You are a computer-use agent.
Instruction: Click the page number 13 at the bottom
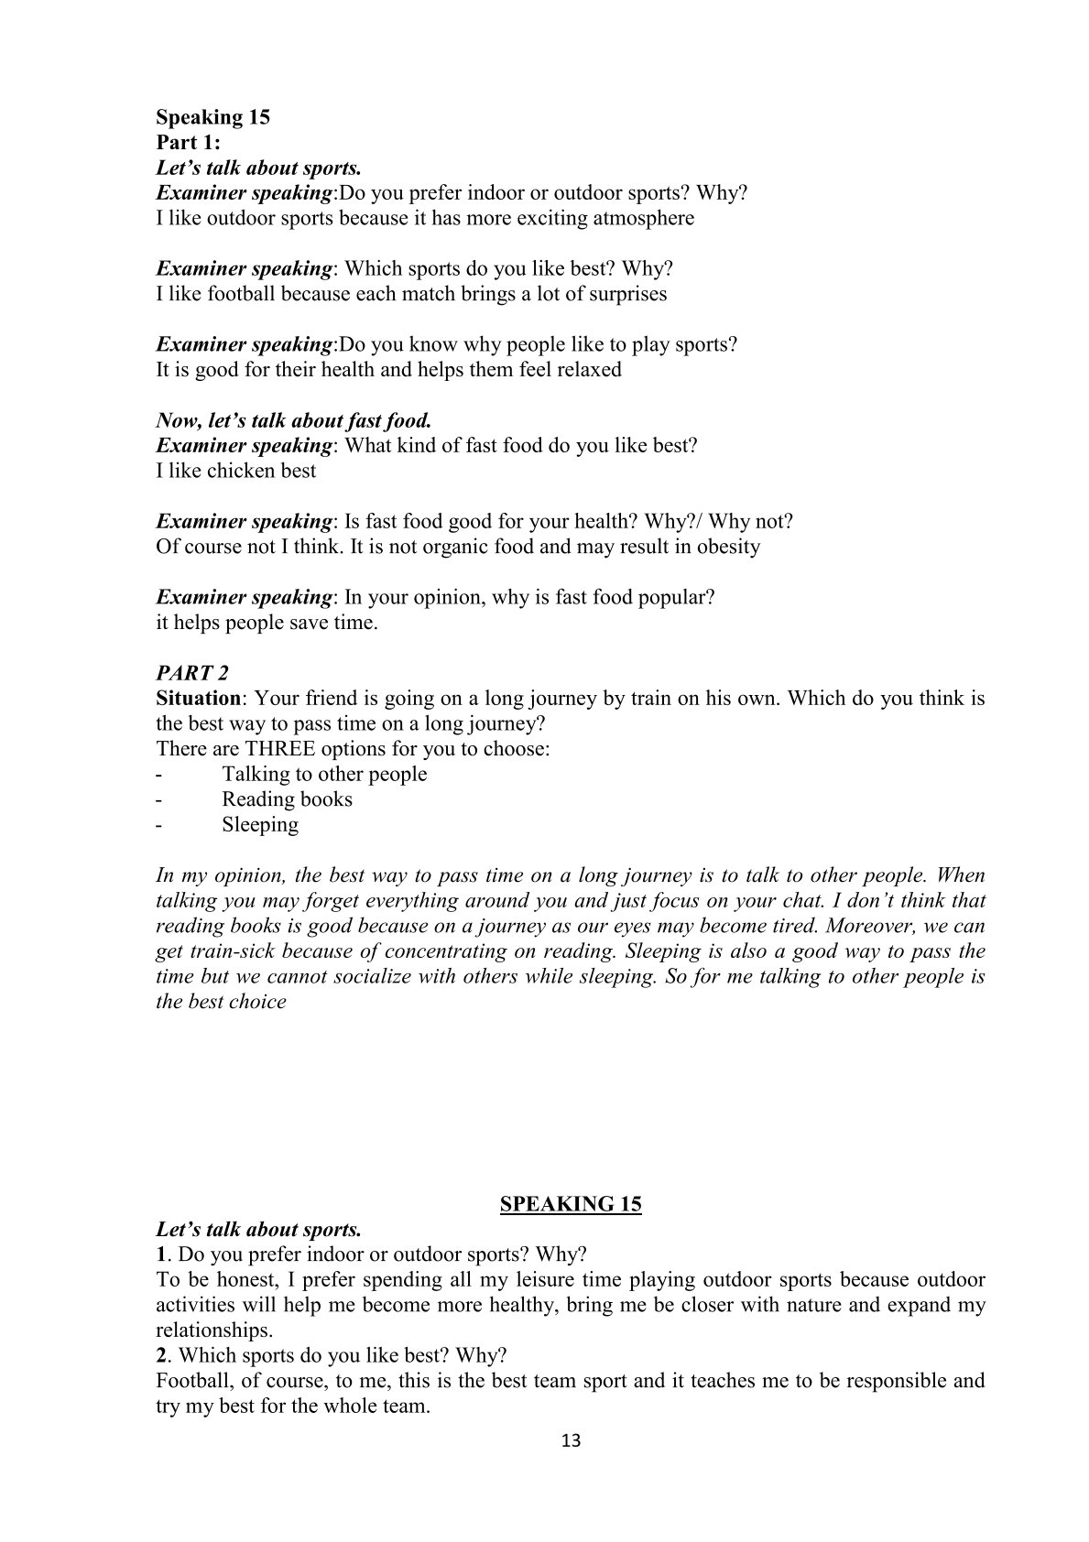[x=571, y=1440]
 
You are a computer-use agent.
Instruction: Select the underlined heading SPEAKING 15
[x=571, y=1203]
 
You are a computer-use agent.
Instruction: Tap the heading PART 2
[x=192, y=673]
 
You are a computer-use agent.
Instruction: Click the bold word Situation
[x=199, y=699]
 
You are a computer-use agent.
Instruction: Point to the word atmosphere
[x=644, y=218]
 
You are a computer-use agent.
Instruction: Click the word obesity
[x=725, y=547]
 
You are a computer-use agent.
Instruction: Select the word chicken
[x=240, y=471]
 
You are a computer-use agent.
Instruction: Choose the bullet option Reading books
[x=287, y=799]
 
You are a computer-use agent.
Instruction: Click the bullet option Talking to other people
[x=324, y=774]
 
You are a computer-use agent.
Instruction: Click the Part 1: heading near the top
[x=188, y=143]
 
